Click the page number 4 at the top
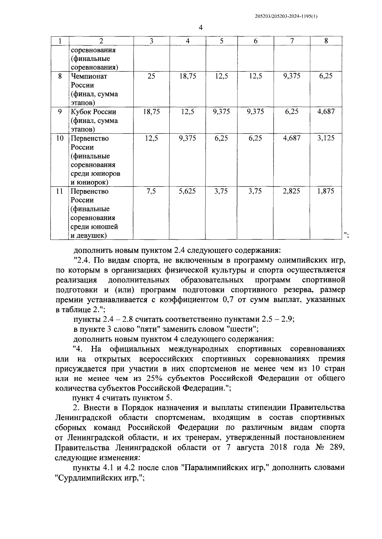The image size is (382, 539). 201,28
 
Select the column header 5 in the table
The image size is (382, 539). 221,41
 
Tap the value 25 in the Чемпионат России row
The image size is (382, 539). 151,76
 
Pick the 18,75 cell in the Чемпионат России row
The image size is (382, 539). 187,76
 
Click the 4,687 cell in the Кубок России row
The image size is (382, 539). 326,112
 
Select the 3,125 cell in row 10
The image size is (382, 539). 326,138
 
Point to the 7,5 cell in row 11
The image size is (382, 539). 151,191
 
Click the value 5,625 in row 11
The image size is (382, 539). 187,191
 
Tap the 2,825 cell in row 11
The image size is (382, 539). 292,191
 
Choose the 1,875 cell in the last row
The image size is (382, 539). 326,191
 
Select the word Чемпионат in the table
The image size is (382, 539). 89,76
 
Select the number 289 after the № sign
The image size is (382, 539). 335,447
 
